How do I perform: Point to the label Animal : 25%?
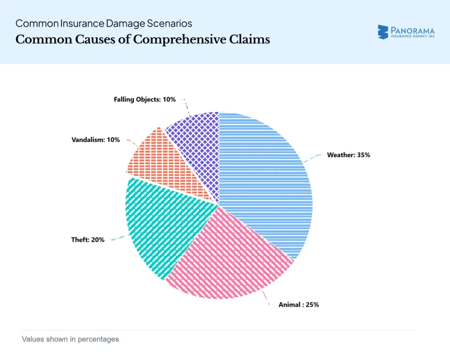pyautogui.click(x=298, y=305)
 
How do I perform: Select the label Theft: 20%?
pyautogui.click(x=87, y=240)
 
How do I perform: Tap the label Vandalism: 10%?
pyautogui.click(x=95, y=140)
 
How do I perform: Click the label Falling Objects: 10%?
pyautogui.click(x=145, y=99)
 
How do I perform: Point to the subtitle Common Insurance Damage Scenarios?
pyautogui.click(x=104, y=23)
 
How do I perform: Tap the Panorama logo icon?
pyautogui.click(x=383, y=32)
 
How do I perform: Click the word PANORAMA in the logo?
pyautogui.click(x=412, y=30)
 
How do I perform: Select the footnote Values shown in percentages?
pyautogui.click(x=70, y=339)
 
